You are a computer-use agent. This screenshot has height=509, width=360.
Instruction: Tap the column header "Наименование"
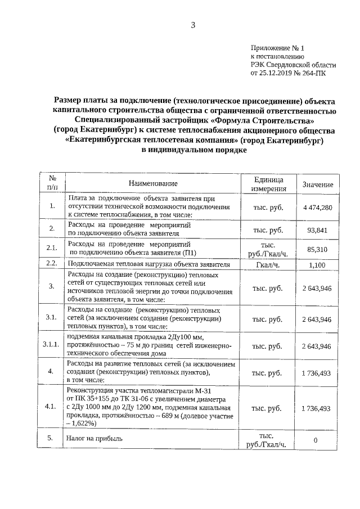coord(152,184)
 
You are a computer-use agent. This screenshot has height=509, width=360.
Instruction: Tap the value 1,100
coord(317,264)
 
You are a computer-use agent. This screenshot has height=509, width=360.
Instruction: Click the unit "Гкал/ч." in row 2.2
coord(268,264)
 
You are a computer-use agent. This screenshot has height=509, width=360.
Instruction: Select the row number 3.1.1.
coord(51,346)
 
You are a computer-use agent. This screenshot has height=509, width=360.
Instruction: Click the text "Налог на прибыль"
coord(93,438)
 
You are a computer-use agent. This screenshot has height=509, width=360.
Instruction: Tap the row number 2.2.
coord(51,263)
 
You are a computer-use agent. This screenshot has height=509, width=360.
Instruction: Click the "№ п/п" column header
coord(51,183)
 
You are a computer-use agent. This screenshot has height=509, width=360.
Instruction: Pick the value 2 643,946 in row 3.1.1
coord(317,346)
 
